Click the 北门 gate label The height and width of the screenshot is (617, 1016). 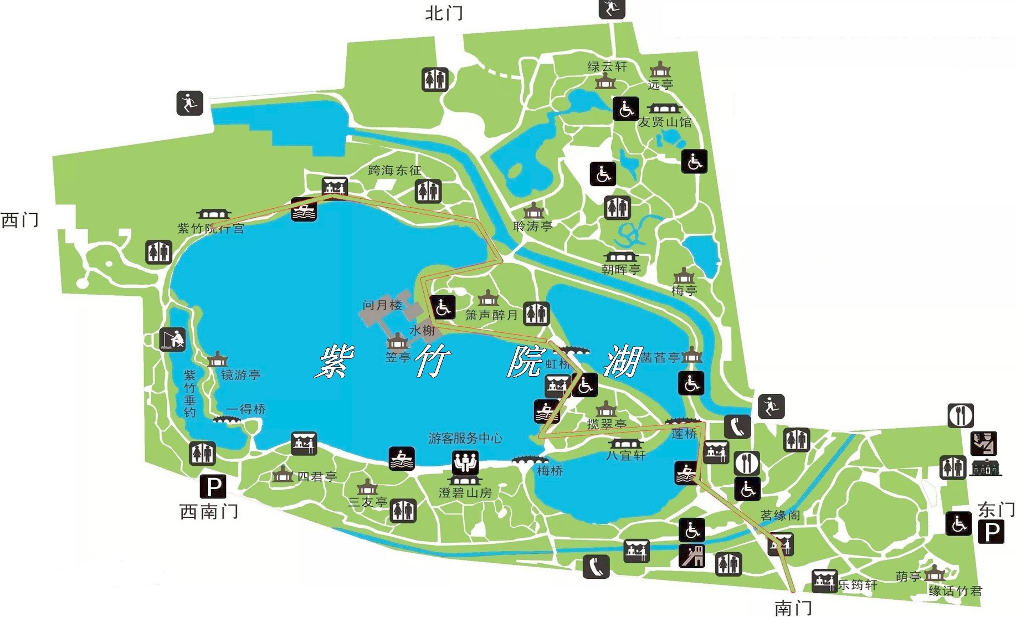coord(444,13)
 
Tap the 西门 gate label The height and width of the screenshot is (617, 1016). coord(20,220)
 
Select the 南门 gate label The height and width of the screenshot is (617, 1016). coord(793,608)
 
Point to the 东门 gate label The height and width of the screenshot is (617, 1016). coord(996,510)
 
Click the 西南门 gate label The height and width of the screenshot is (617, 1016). coord(209,511)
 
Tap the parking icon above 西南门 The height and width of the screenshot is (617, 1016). coord(213,487)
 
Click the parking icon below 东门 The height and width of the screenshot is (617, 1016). coord(991,533)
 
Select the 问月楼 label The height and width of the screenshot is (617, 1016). coord(382,305)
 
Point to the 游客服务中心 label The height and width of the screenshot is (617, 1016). coord(465,438)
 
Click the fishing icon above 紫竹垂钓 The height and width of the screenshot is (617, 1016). coord(172,339)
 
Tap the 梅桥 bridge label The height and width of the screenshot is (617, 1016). coord(550,471)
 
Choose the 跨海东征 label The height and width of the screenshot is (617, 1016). coord(394,170)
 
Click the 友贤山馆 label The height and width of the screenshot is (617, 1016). coord(665,122)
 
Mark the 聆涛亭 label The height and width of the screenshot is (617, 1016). coord(533,226)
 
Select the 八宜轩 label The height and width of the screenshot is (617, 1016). coord(626,455)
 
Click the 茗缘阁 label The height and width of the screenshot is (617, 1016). coord(780,515)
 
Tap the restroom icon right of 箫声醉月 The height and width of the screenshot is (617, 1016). coord(536,314)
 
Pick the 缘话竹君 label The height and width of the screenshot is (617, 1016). coord(955,591)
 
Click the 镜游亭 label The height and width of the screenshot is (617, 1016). coord(240,375)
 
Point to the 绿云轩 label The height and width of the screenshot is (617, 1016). coord(607,66)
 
